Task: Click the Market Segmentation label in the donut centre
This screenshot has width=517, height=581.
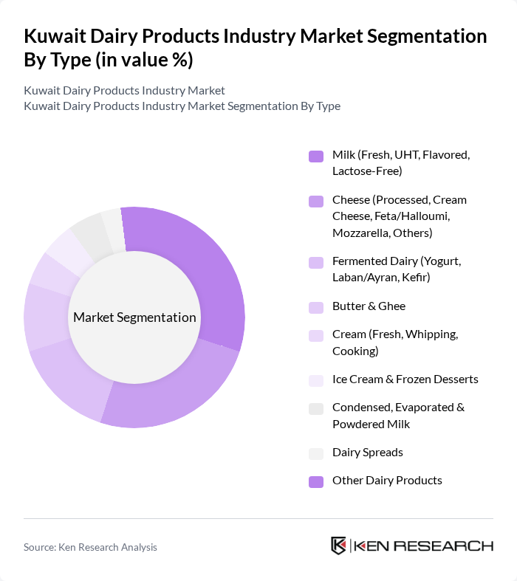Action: coord(134,317)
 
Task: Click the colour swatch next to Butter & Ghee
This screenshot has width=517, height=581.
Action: coord(315,306)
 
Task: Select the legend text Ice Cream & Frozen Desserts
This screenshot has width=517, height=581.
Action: coord(405,379)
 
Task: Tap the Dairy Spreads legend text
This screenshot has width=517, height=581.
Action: coord(367,452)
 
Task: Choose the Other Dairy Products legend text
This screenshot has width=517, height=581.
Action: coord(387,480)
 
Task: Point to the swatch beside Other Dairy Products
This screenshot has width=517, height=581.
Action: coord(315,481)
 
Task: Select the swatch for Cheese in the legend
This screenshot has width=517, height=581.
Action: coord(315,201)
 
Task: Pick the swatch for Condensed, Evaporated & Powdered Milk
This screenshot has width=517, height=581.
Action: coord(315,408)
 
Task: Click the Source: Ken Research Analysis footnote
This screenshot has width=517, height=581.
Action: coord(90,547)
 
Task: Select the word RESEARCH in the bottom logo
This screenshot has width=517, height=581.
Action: coord(450,546)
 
